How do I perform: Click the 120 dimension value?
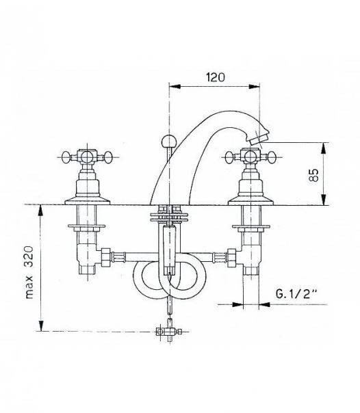[x=216, y=77]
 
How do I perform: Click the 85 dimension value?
[x=313, y=175]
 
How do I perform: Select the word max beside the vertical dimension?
[x=29, y=287]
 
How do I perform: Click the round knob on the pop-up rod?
[x=168, y=142]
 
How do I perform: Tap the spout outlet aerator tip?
[x=257, y=139]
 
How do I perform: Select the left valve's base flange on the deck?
[x=87, y=201]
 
